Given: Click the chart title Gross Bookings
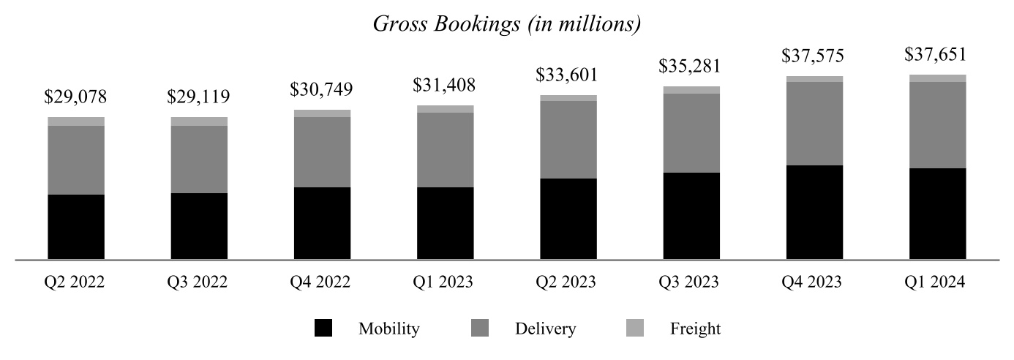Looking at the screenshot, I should tap(507, 23).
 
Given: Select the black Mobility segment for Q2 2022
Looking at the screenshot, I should tap(76, 227).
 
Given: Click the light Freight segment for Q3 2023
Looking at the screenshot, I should tap(691, 90).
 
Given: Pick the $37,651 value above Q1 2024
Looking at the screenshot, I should tap(937, 55).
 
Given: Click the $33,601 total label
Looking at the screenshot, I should tap(568, 75).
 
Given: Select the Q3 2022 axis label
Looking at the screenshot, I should tap(199, 282).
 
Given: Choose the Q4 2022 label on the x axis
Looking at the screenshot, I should tap(322, 282).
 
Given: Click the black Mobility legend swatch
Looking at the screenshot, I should tap(323, 329).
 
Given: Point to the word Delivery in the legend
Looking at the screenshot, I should tap(545, 329).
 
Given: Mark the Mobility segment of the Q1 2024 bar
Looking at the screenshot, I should tap(937, 214).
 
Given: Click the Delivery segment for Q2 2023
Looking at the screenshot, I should tap(568, 139).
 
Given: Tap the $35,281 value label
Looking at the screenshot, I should tap(691, 66).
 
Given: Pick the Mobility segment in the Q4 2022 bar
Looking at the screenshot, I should tap(322, 223).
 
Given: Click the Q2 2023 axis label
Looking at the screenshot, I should tap(568, 282).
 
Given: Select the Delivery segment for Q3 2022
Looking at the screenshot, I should tap(199, 160).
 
